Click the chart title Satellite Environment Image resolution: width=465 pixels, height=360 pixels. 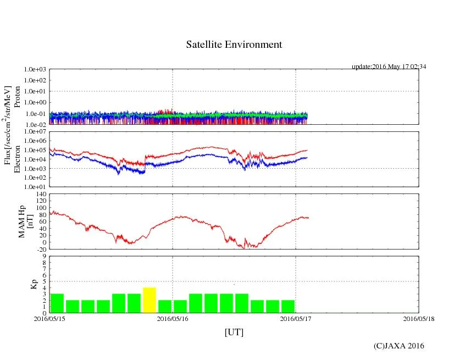[x=234, y=45]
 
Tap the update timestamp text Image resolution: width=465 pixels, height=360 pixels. [x=389, y=67]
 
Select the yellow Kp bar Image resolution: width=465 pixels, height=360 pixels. [x=150, y=300]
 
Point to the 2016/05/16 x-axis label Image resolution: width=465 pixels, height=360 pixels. [x=173, y=318]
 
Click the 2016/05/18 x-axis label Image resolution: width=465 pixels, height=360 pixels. [x=419, y=318]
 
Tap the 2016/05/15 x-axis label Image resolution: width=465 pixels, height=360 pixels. [x=49, y=318]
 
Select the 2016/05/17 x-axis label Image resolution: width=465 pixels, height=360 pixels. [x=296, y=318]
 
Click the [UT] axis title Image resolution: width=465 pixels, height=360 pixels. [x=234, y=332]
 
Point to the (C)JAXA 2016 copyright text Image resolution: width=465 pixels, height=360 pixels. [x=399, y=346]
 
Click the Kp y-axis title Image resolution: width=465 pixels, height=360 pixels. [x=32, y=284]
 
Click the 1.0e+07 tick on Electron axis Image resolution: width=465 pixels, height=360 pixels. [x=36, y=132]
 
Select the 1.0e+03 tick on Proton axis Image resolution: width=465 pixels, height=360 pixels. [x=36, y=70]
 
